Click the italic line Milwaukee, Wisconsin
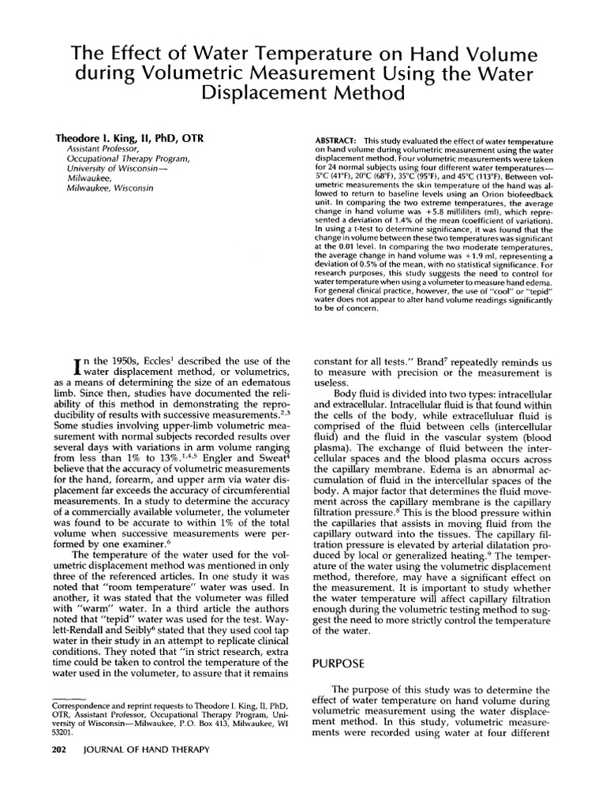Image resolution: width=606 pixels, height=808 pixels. [110, 189]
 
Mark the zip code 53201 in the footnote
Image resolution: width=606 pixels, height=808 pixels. [65, 731]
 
